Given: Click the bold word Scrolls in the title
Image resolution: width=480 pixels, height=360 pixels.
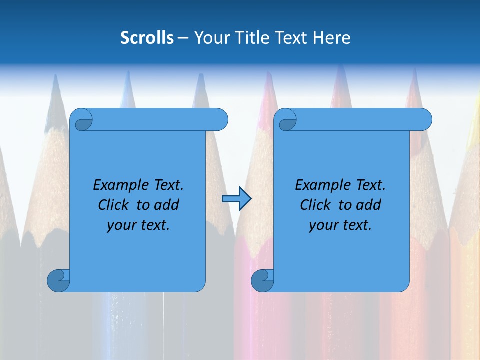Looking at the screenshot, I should pos(147,38).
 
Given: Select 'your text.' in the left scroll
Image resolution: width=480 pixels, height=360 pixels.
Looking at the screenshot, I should pos(138,225).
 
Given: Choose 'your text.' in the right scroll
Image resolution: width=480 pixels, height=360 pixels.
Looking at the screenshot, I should pos(340,225).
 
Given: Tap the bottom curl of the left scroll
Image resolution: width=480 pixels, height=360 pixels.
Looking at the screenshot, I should pos(58,280).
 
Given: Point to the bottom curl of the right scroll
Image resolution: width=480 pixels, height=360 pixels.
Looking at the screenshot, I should pos(262,280).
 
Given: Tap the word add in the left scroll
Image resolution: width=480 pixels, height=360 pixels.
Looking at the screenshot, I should pos(167,205).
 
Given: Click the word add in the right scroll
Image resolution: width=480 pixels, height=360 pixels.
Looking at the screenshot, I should pos(369,205).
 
